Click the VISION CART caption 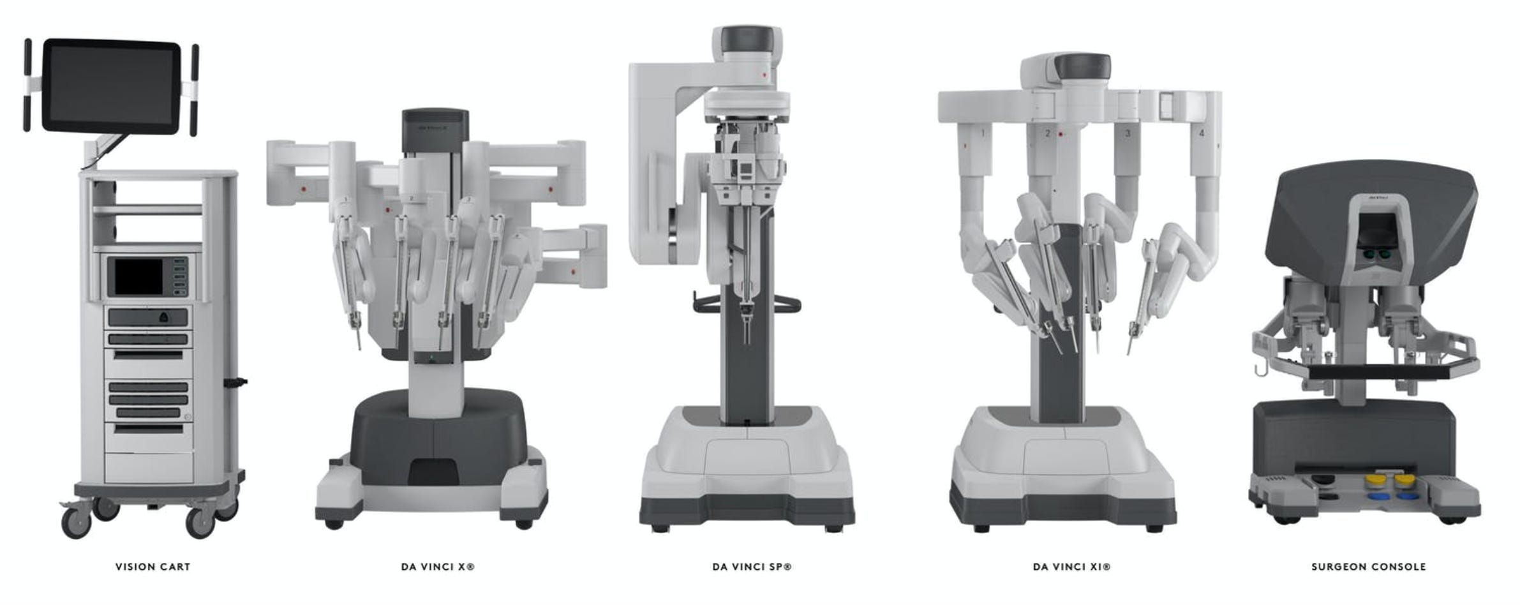tap(153, 567)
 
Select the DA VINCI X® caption tap(438, 567)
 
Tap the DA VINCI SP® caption tap(752, 567)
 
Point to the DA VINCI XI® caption tap(1071, 567)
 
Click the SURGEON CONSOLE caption tap(1368, 567)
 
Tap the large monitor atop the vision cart tap(111, 86)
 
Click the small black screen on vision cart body tap(138, 277)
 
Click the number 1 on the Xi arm tap(983, 133)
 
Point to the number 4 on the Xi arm tap(1202, 133)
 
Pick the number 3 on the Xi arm tap(1128, 133)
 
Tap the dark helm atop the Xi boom tap(1082, 66)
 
